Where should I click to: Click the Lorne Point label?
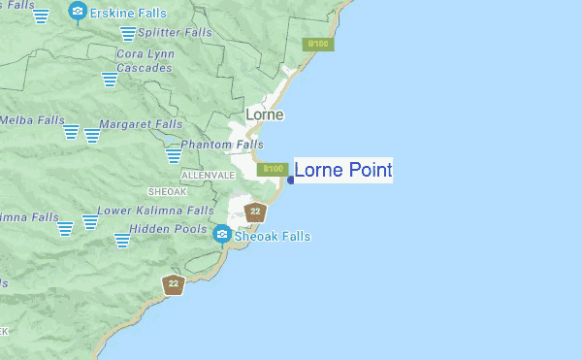[343, 172]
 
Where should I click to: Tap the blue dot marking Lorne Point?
[290, 179]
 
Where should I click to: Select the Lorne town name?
[265, 115]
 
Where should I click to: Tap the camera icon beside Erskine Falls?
[78, 12]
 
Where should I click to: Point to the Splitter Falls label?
[174, 32]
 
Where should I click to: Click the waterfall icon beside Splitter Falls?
[127, 34]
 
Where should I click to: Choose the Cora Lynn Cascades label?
[145, 61]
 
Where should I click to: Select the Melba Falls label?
[22, 120]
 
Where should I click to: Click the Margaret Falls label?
[141, 124]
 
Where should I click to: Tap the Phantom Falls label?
[222, 145]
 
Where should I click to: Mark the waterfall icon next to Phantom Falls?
[174, 153]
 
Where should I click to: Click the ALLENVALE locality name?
[208, 175]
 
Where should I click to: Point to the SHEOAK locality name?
[167, 192]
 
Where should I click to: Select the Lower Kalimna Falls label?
[155, 210]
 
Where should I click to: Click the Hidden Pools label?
[172, 229]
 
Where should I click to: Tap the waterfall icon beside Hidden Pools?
[123, 239]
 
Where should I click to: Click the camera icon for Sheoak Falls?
[222, 234]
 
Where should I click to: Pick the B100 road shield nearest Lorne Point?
[275, 169]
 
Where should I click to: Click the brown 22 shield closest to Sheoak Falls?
[255, 212]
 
